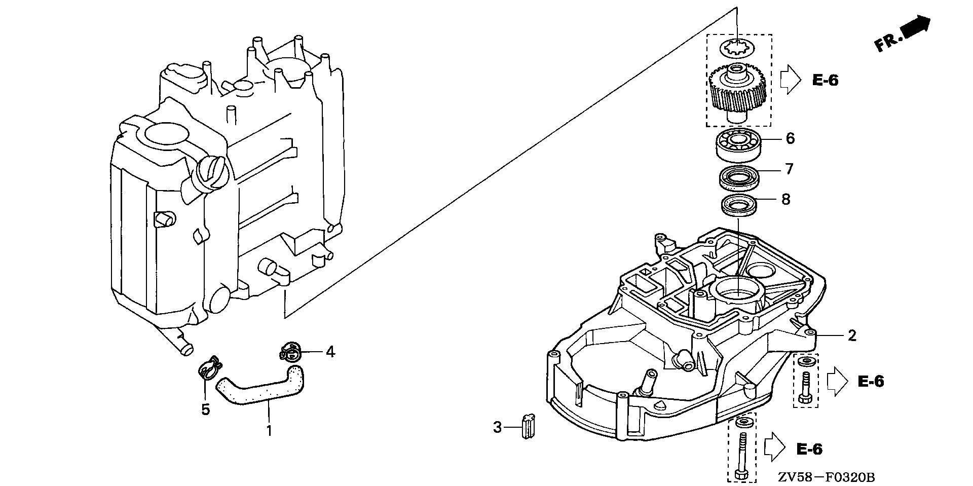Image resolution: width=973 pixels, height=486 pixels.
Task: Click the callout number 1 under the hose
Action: [x=269, y=431]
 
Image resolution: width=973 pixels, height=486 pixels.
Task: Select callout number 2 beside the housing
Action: [x=852, y=335]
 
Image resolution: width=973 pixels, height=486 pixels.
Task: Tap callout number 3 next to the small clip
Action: [x=497, y=427]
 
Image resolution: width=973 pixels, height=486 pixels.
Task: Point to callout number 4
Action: [x=330, y=351]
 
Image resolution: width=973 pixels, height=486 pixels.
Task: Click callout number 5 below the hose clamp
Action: [x=205, y=409]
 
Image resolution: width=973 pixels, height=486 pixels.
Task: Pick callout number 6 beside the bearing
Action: [x=790, y=138]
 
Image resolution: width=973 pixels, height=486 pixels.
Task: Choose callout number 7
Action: [x=789, y=169]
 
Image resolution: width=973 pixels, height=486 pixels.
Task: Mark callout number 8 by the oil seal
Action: [x=785, y=199]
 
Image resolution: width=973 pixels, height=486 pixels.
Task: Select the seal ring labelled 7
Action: [x=738, y=176]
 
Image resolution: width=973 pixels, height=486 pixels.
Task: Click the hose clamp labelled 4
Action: [x=290, y=351]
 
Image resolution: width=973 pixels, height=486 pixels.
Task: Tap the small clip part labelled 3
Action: [x=528, y=426]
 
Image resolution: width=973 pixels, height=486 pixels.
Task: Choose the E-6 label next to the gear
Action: [x=825, y=80]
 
